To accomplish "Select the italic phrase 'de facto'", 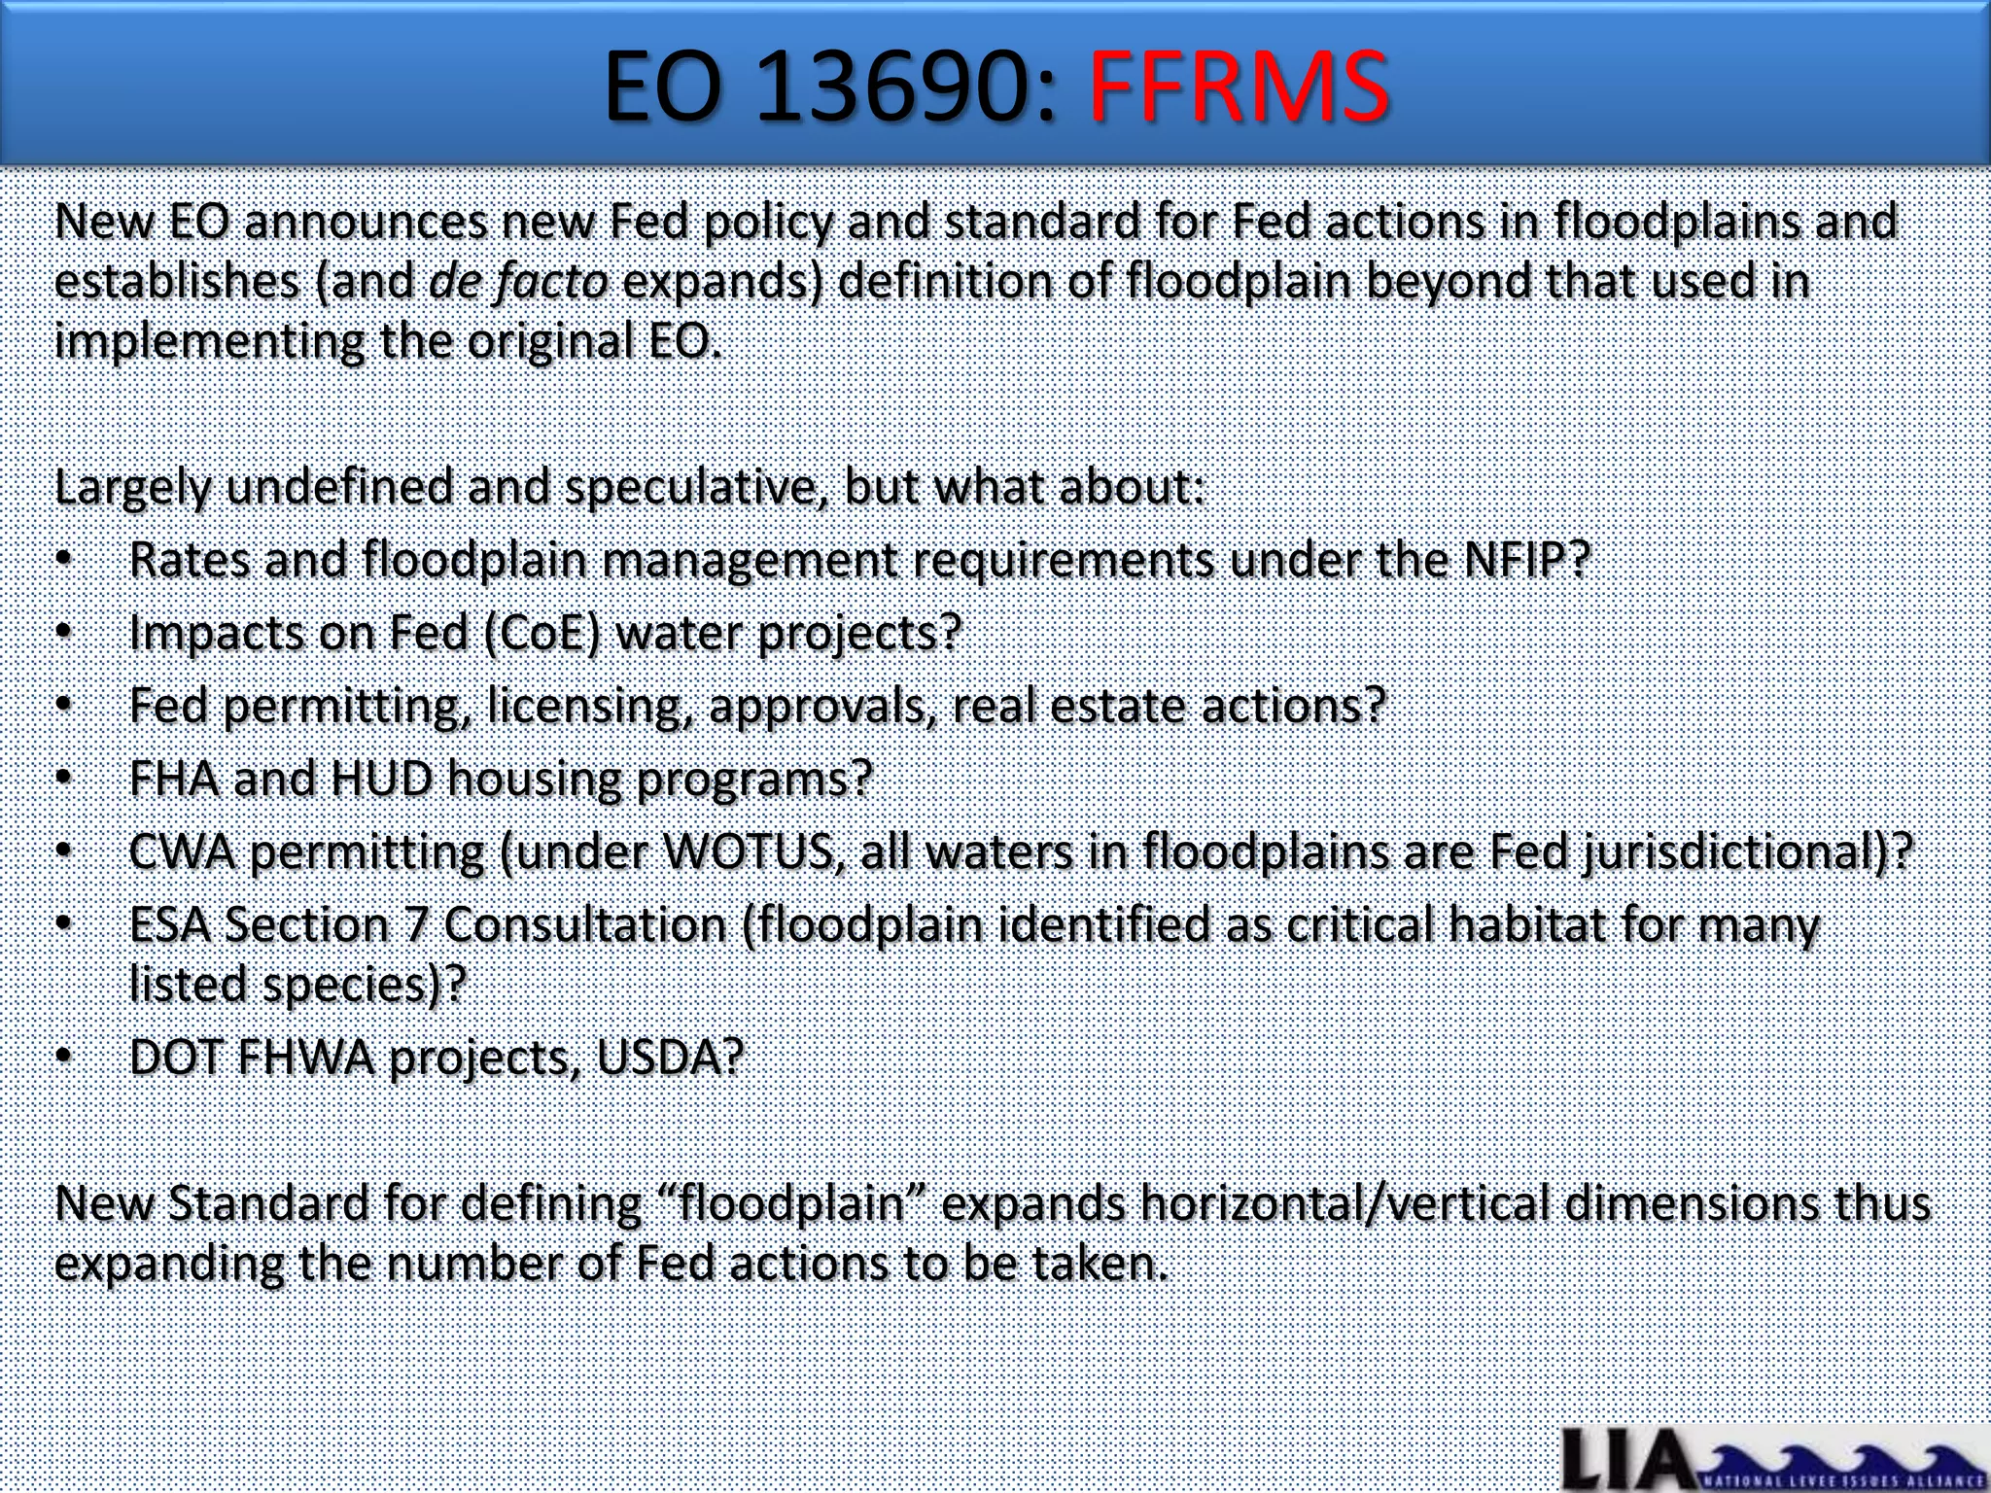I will click(518, 282).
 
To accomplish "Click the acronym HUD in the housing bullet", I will click(381, 779).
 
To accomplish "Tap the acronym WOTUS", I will click(747, 852).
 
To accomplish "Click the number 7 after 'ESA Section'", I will click(416, 924).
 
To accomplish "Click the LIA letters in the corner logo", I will click(1624, 1460).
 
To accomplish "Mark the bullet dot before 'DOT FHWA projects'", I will click(64, 1057).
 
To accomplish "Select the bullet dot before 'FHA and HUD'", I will click(64, 779).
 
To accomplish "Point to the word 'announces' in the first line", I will click(366, 222).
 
